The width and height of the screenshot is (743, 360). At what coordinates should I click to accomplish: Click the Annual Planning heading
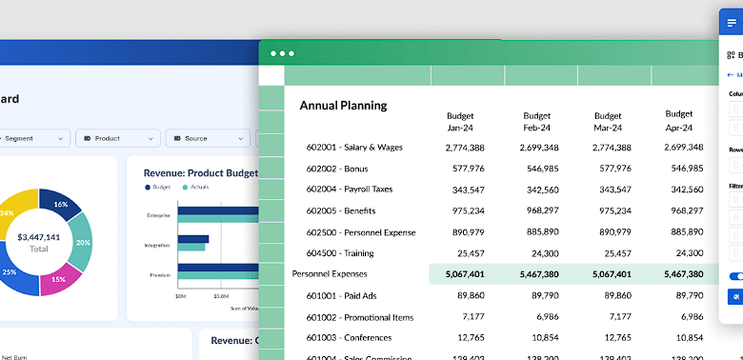(x=344, y=105)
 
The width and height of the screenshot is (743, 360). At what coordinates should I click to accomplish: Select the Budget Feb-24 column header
(x=537, y=121)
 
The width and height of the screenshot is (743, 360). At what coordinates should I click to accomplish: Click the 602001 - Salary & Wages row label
(x=354, y=148)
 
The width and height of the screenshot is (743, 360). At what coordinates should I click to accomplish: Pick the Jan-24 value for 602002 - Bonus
(x=464, y=169)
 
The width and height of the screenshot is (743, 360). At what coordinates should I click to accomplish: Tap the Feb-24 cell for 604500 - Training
(x=537, y=253)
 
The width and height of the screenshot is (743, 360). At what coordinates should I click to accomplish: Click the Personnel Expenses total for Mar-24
(x=611, y=274)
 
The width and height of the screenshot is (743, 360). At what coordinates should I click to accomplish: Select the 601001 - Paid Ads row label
(x=341, y=295)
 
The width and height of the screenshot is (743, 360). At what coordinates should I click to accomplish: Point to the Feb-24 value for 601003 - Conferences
(x=537, y=337)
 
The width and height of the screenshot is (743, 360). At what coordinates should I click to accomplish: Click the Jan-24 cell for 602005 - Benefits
(x=464, y=211)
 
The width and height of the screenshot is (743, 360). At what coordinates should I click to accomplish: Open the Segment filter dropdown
(x=32, y=138)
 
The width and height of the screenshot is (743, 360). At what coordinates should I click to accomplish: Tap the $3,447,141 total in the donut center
(x=39, y=237)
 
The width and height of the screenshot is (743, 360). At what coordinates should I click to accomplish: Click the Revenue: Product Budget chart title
(x=200, y=173)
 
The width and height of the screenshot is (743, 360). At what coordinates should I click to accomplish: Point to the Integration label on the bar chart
(x=158, y=246)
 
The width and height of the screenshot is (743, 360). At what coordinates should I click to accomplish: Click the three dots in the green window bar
(x=282, y=53)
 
